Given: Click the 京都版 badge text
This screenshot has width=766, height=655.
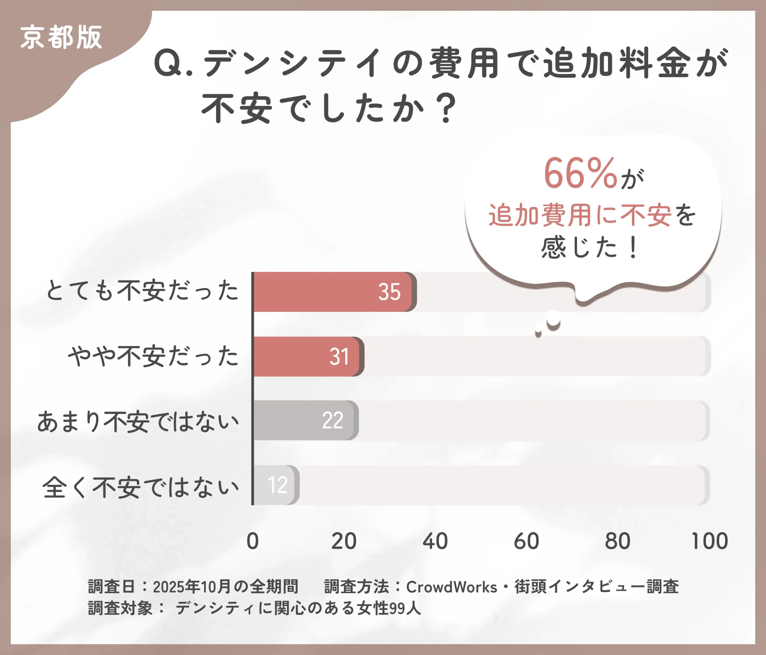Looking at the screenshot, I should click(x=61, y=37).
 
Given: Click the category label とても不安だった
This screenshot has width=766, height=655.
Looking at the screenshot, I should click(x=142, y=291).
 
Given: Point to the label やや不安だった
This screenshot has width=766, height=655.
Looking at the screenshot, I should click(x=153, y=356).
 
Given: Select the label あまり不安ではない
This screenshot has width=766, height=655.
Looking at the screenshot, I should click(x=138, y=421).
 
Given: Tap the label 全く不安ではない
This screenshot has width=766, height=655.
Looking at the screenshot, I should click(x=140, y=487).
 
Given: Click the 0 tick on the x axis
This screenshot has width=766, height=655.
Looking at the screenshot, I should click(x=253, y=541).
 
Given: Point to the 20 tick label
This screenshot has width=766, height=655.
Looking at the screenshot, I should click(x=344, y=541).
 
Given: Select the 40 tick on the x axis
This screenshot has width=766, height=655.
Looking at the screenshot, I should click(x=435, y=541).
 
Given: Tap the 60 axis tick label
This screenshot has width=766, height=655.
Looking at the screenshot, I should click(x=526, y=541).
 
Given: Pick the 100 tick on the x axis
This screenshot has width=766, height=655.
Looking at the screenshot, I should click(x=709, y=541).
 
